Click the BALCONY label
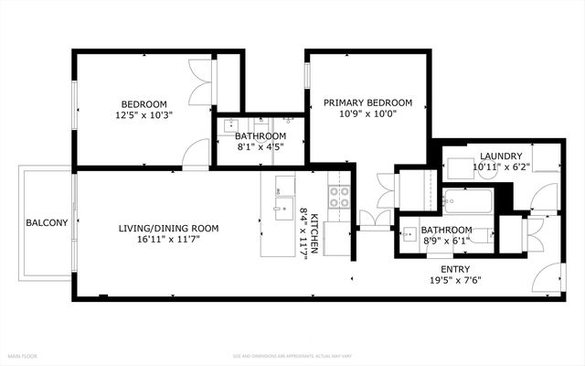pyautogui.click(x=46, y=222)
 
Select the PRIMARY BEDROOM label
pyautogui.click(x=367, y=102)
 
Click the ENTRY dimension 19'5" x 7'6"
pyautogui.click(x=455, y=280)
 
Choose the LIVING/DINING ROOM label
pyautogui.click(x=168, y=228)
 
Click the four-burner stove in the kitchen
pyautogui.click(x=340, y=193)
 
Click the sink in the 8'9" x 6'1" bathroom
pyautogui.click(x=409, y=232)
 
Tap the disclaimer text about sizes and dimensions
pyautogui.click(x=292, y=355)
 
